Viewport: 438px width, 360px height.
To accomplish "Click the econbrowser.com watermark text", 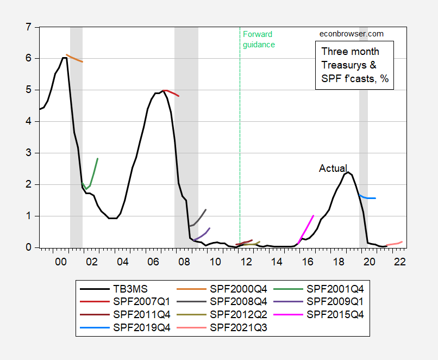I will click(x=351, y=34).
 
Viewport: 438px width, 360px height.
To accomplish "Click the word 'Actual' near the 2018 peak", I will click(x=333, y=169).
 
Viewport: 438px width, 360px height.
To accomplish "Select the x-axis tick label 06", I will click(x=153, y=262).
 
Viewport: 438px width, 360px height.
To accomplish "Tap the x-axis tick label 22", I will click(x=400, y=262).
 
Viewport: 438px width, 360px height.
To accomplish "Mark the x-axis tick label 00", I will click(x=60, y=262).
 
